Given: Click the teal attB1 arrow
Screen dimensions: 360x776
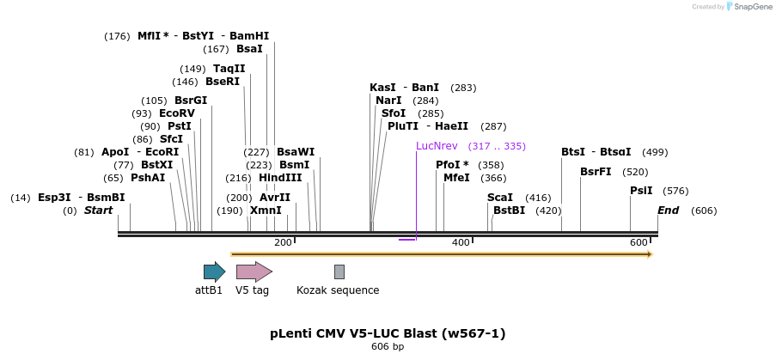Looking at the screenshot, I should pos(214,272).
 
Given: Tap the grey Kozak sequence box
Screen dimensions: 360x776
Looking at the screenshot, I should pos(339,272).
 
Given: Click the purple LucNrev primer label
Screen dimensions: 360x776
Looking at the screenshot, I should pos(437,146).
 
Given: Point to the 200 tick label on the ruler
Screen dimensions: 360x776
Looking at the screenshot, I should pos(283,243).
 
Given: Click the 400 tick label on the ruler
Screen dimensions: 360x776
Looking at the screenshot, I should pos(461,243).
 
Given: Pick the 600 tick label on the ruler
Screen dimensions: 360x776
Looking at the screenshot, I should pos(639,243).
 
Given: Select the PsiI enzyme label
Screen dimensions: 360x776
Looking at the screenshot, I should pos(641,191).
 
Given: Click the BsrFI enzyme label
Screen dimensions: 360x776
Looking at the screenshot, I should pos(596,172).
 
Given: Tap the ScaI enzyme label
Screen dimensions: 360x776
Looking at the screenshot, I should pos(500,198).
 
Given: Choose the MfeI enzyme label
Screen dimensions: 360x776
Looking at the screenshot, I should pos(456,178).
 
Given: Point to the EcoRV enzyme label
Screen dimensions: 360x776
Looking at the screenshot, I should pos(177,113).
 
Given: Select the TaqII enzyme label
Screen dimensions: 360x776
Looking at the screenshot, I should pos(229,69).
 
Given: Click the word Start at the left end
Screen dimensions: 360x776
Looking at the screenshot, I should pos(98,211).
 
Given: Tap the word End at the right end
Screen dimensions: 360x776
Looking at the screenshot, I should pos(669,211).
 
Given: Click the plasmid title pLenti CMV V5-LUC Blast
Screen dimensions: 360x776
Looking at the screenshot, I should pos(394,333).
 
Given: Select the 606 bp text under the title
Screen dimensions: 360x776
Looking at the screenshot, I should pos(388,346).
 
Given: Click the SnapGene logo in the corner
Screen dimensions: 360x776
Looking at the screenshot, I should pos(749,7).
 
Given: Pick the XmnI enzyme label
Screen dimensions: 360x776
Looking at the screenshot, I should pos(266,211).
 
